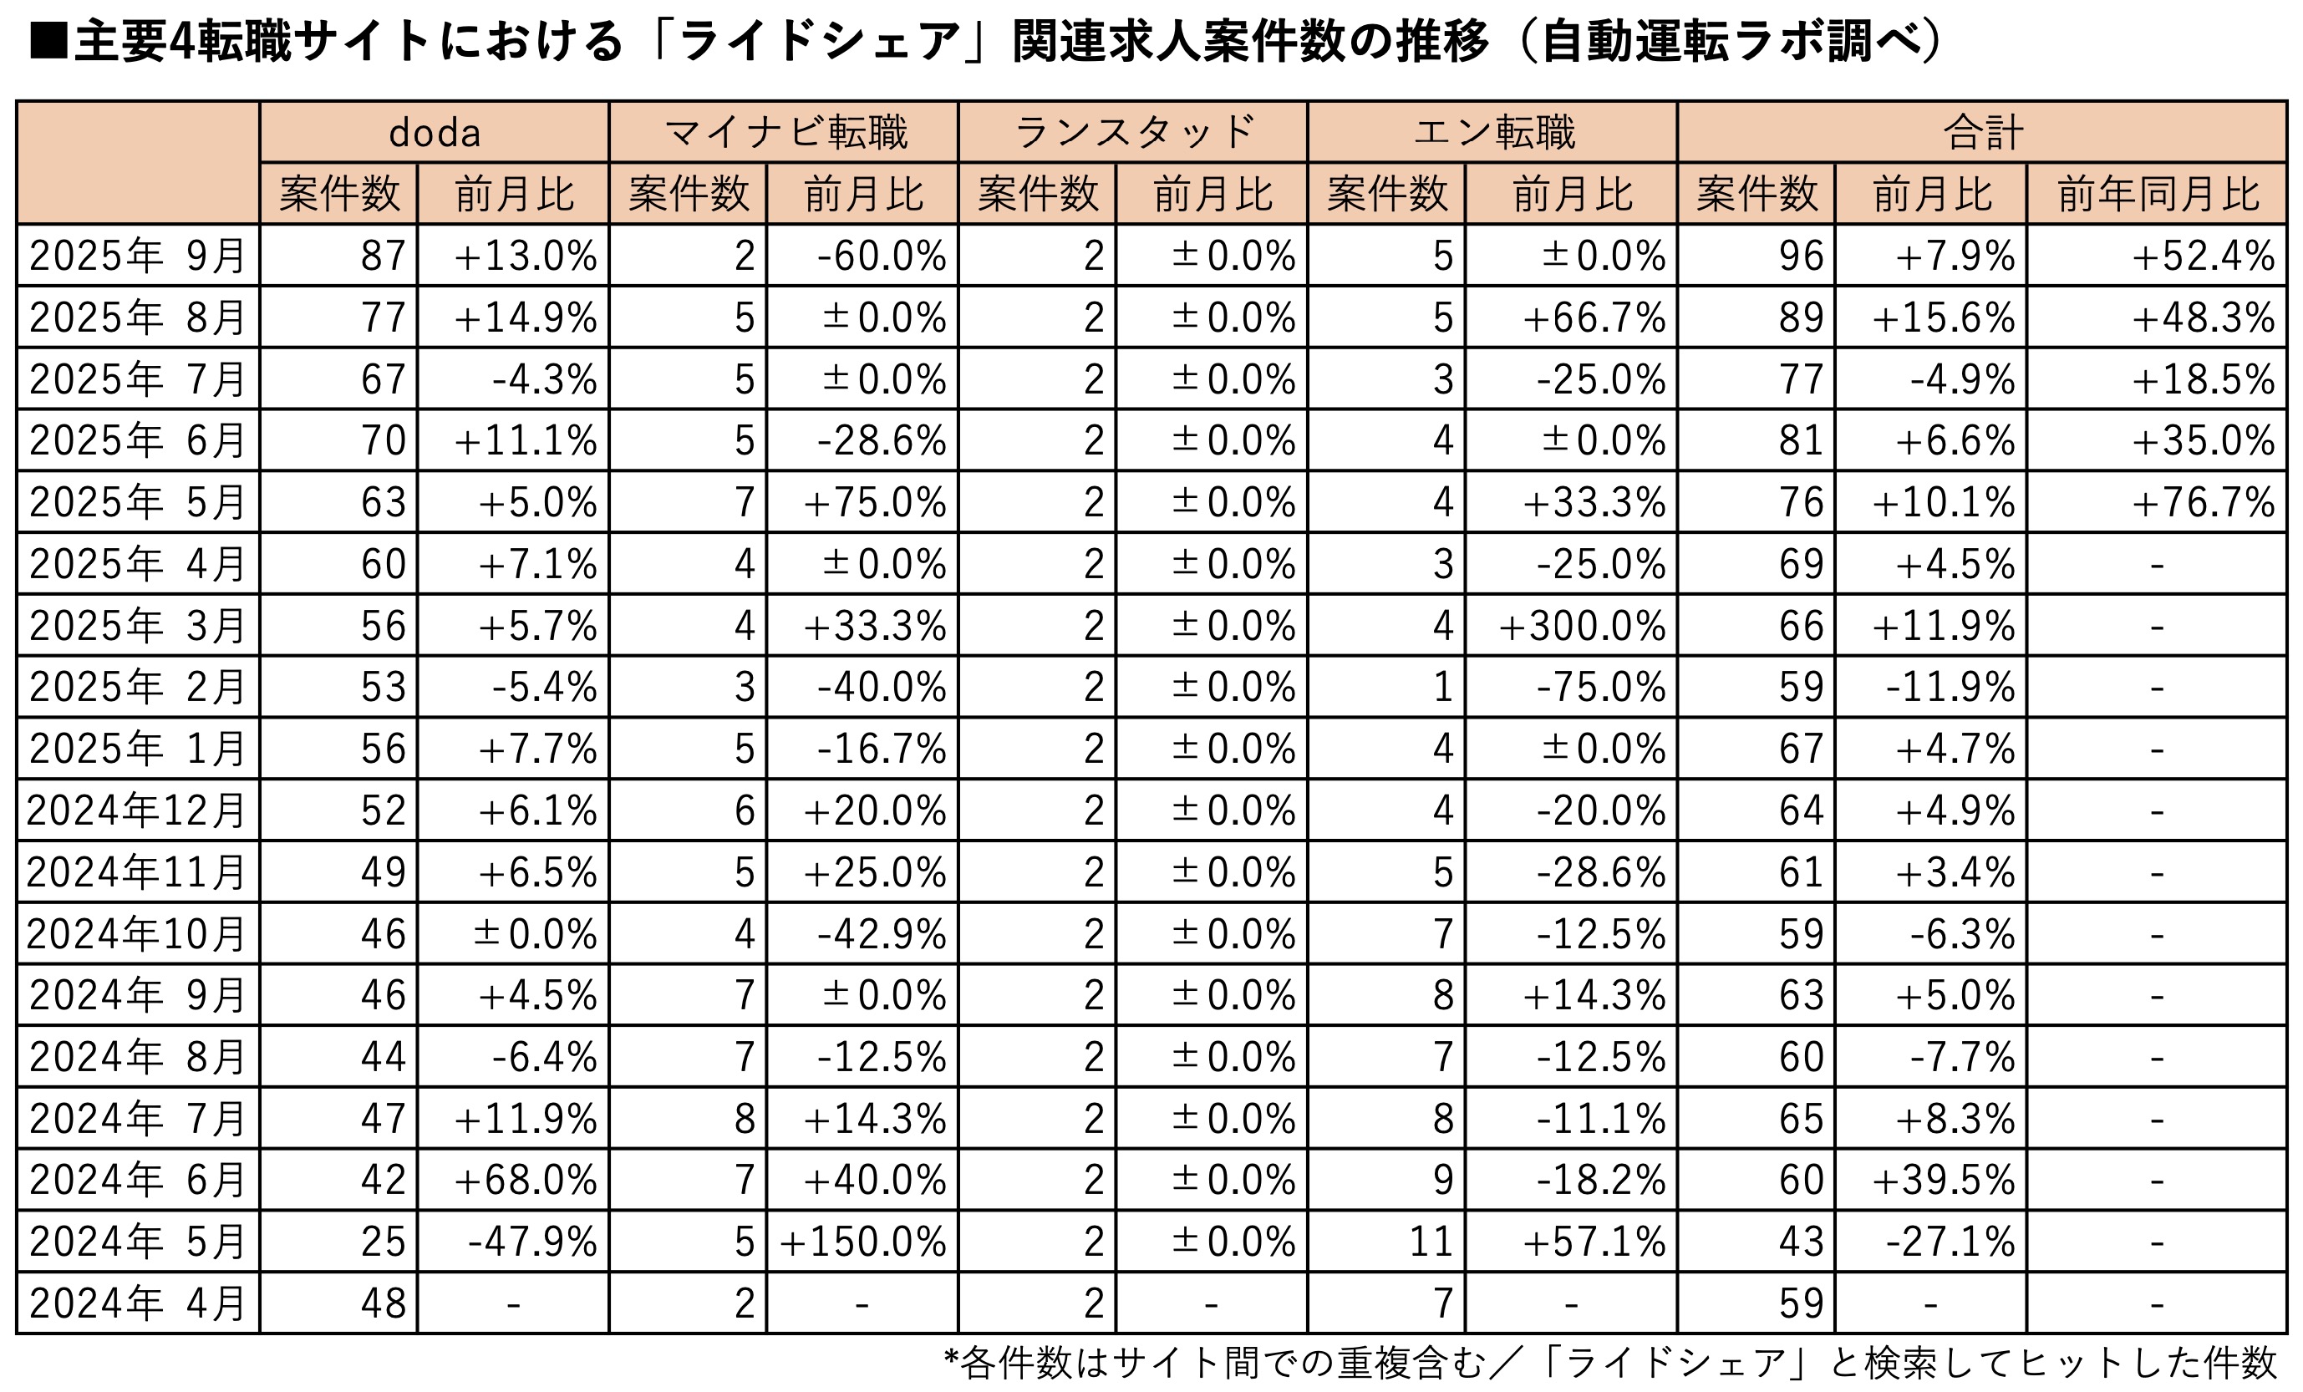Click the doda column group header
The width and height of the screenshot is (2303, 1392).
click(x=435, y=133)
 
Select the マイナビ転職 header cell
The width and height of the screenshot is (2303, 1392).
click(x=784, y=133)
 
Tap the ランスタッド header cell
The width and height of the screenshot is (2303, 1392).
click(x=1134, y=133)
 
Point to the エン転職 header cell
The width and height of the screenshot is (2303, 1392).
click(x=1493, y=133)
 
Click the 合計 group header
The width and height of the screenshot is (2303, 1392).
click(x=1982, y=133)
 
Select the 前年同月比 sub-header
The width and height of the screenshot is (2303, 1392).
click(x=2158, y=195)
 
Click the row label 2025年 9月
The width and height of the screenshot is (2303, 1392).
click(x=137, y=255)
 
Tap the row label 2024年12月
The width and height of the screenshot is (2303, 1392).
click(x=137, y=810)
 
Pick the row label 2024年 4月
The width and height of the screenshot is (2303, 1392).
click(x=137, y=1303)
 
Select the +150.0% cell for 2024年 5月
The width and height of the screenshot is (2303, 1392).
click(x=862, y=1242)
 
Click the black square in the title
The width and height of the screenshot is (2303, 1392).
click(x=48, y=42)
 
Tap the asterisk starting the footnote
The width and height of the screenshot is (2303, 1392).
click(x=951, y=1359)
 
